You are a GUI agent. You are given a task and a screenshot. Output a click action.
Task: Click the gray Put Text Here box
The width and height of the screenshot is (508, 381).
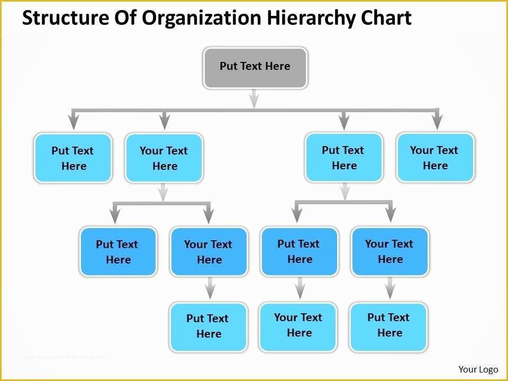point(255,67)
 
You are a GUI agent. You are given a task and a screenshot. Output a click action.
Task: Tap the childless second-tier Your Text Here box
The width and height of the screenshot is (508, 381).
point(435,158)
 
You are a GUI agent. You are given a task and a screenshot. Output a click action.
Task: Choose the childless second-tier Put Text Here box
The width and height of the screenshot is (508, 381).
point(73,158)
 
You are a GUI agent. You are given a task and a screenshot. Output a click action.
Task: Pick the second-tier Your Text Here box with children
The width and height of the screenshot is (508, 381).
point(164,158)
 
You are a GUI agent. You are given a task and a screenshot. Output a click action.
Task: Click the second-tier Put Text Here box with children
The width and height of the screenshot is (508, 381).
point(343,157)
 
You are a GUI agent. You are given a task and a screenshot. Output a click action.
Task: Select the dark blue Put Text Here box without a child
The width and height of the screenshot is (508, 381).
point(118,252)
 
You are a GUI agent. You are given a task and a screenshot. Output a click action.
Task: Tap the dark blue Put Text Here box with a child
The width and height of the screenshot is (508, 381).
point(299,251)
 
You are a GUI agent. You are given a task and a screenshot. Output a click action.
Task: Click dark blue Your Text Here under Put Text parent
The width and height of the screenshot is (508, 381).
point(390,251)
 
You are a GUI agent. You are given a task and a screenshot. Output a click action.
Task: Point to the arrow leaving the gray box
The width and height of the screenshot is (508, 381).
point(255,98)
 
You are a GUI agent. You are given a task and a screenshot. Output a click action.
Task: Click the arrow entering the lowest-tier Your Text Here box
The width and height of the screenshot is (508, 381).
point(300,288)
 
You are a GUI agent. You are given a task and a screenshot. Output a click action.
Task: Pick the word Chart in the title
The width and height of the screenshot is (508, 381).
point(386,18)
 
